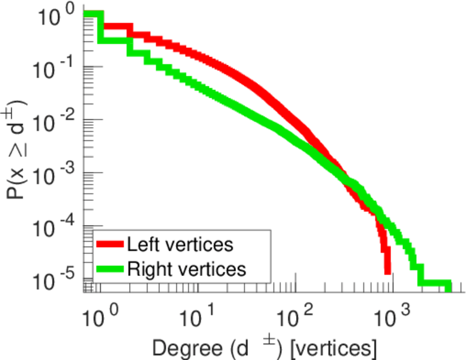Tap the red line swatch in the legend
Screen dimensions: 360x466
110,244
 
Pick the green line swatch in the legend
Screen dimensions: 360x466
110,269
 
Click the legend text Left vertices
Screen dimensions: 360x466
180,244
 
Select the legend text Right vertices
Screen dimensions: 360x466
186,269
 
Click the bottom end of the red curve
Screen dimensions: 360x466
388,271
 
